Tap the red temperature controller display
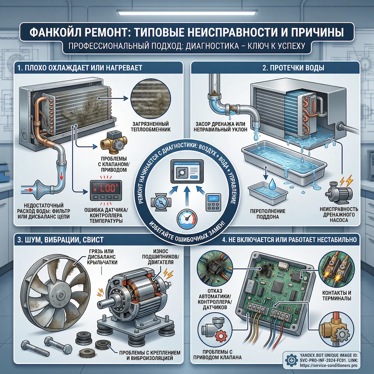coord(106,190)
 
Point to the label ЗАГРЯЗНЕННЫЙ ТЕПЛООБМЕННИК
coord(151,127)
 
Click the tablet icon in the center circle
coord(187,172)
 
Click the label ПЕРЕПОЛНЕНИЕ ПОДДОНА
coord(268,214)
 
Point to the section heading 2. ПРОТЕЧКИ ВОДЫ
coord(293,68)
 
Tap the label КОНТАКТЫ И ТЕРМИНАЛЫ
coord(337,295)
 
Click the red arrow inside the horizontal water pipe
coord(29,190)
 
